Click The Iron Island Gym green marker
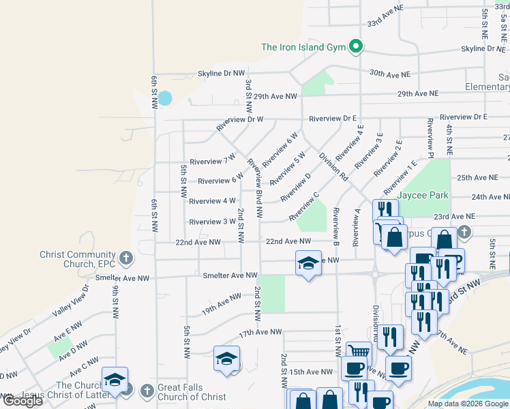[355, 47]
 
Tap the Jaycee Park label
[423, 195]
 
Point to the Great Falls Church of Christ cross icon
[147, 391]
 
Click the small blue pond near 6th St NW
[165, 97]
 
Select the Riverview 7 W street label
[212, 162]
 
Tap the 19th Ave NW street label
[221, 302]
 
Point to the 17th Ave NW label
[260, 332]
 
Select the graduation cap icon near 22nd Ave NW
[307, 263]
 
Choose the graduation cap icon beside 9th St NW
[115, 380]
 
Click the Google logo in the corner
[22, 401]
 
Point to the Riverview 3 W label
[212, 222]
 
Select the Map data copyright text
[468, 404]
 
